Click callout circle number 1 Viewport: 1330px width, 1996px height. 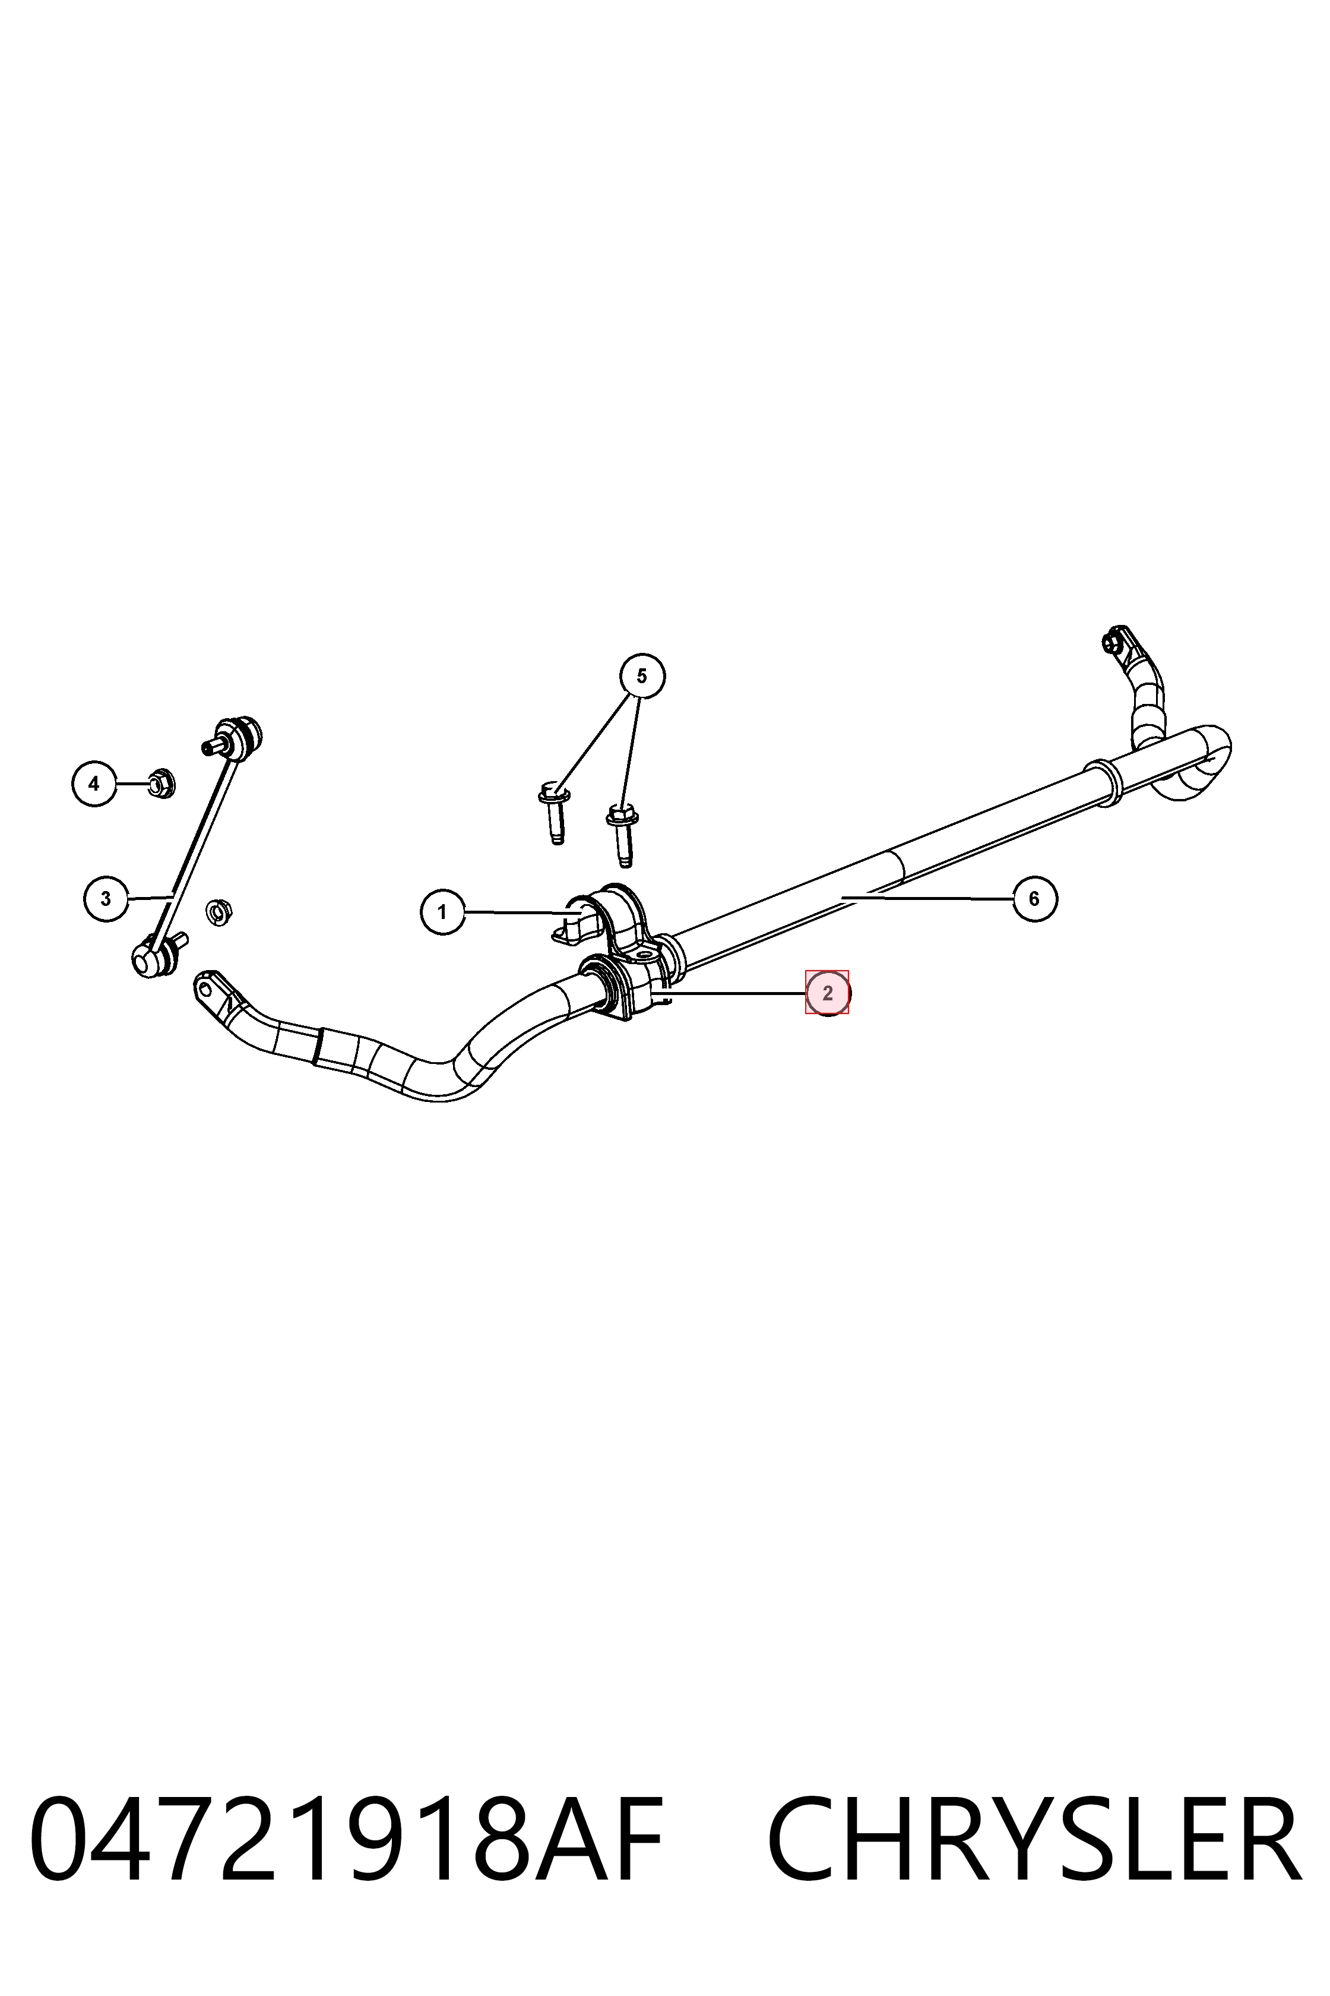(x=442, y=912)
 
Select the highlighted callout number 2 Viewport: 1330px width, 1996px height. (x=827, y=992)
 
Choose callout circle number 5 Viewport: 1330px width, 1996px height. (x=642, y=675)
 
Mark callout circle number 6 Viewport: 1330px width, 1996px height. (x=1035, y=898)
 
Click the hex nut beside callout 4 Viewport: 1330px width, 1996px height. (x=160, y=782)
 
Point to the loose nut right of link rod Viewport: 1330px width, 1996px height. (x=219, y=913)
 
